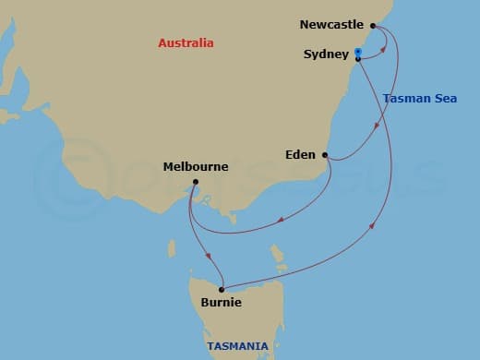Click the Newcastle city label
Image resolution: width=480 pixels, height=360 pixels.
pos(331,25)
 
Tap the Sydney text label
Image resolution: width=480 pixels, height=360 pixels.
pos(326,54)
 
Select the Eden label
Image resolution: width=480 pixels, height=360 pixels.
pos(300,155)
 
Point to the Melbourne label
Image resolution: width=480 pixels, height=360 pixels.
pos(195,167)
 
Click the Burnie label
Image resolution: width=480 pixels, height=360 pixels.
pos(221,301)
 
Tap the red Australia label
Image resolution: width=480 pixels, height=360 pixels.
pos(186,43)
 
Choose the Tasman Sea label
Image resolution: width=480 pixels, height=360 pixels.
pos(420,99)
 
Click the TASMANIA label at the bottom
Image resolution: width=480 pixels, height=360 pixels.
pos(238,346)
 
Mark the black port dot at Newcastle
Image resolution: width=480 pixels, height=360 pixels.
pos(373,26)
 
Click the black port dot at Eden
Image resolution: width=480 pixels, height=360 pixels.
pos(325,155)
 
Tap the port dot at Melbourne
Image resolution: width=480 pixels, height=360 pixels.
pos(196,183)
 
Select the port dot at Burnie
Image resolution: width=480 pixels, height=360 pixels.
pos(222,289)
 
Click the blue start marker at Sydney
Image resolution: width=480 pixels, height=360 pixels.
pos(357,54)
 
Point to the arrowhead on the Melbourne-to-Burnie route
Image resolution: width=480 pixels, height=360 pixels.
pos(210,257)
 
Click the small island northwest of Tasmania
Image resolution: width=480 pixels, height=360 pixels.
pos(172,248)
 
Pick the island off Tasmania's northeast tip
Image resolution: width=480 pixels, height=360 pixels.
pos(276,252)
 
